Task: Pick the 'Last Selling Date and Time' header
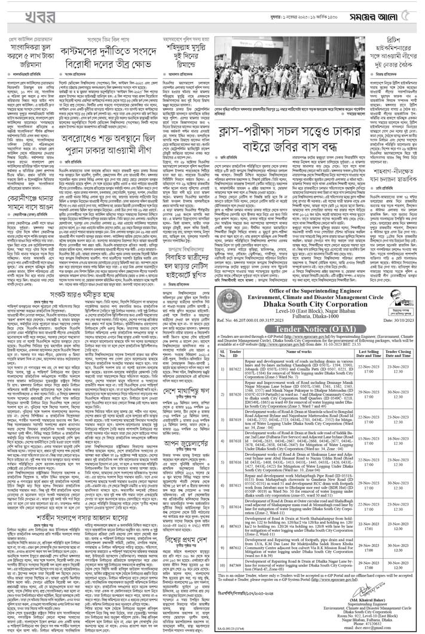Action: (369, 352)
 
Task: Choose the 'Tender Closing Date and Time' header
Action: (402, 352)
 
